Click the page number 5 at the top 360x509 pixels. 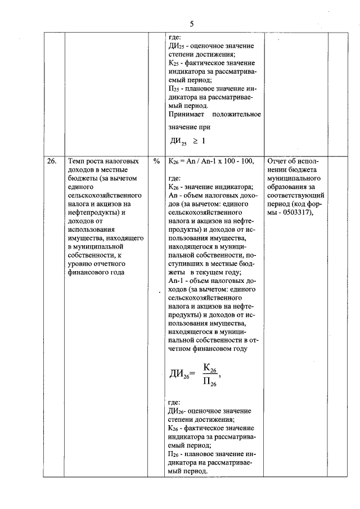(191, 24)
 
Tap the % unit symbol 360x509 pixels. (156, 161)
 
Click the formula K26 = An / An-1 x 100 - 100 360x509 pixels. (211, 161)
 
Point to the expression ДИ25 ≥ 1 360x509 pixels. (187, 141)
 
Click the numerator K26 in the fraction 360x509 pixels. (210, 368)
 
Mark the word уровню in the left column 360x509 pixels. (78, 263)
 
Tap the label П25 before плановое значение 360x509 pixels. (173, 89)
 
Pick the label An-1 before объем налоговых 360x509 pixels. (175, 280)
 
